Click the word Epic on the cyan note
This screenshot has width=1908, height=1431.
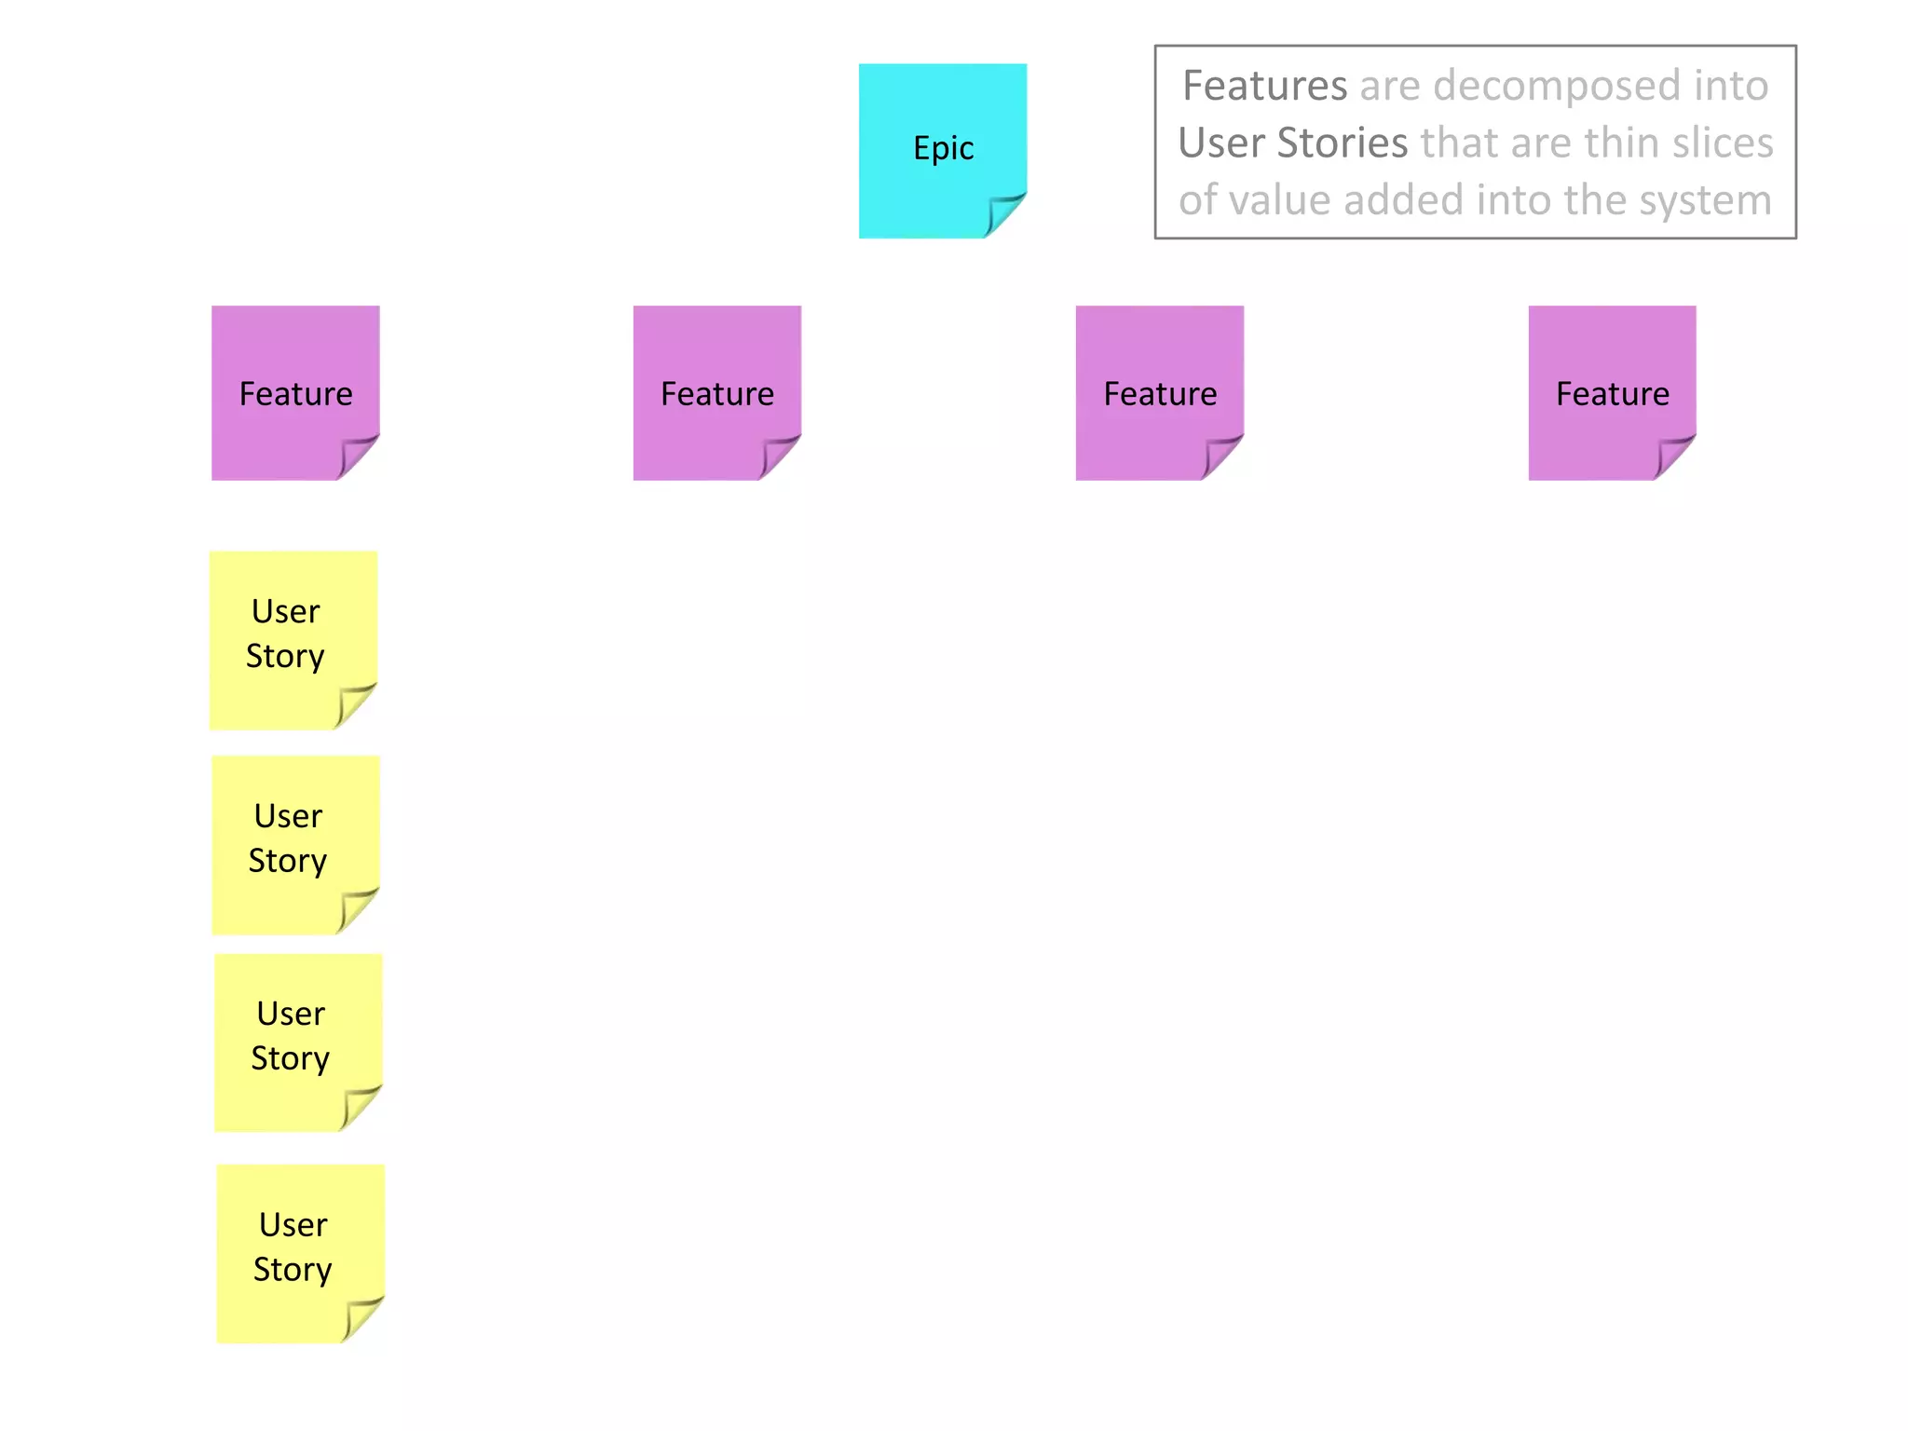(943, 148)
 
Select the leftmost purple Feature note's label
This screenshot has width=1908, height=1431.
(295, 394)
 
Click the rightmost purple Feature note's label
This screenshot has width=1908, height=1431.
(1612, 394)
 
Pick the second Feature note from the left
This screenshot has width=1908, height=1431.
(716, 393)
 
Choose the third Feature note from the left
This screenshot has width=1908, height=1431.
(1159, 393)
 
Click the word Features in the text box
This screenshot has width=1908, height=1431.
(1264, 86)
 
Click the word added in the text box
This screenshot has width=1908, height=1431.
(1402, 200)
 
